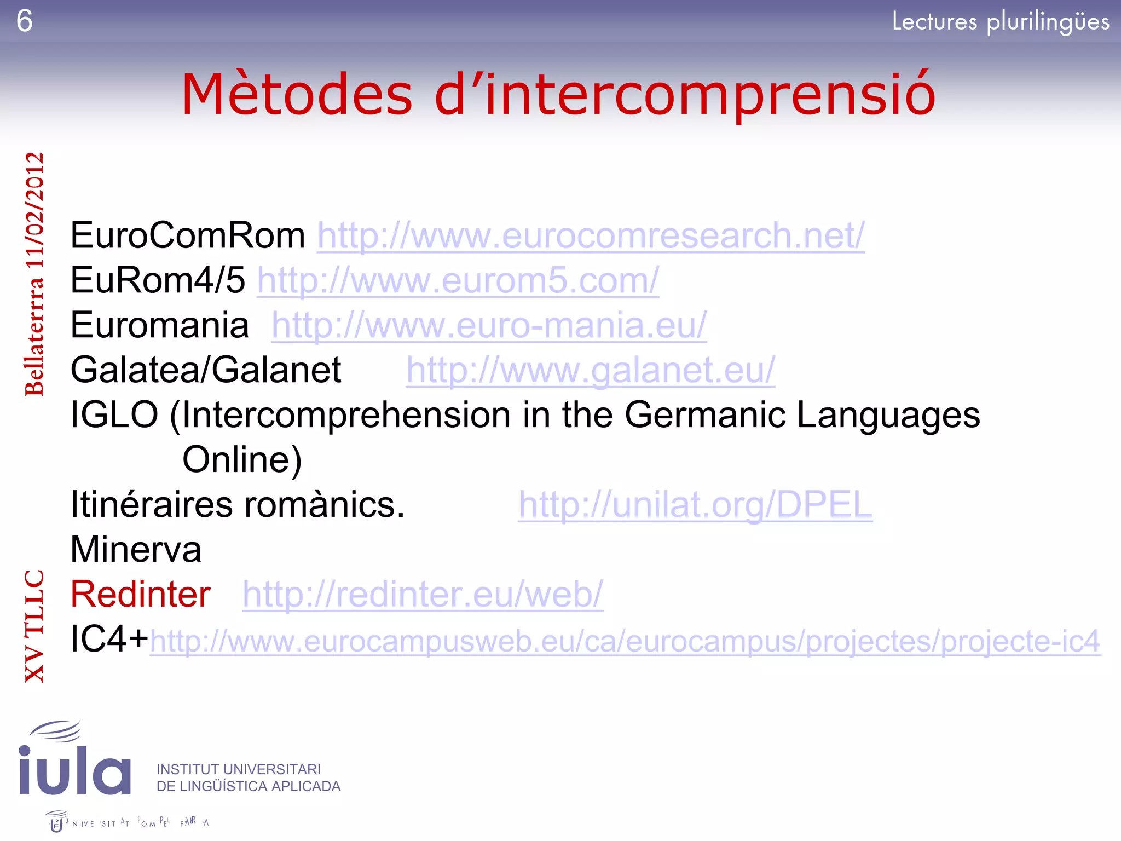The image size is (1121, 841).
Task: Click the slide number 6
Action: pos(25,21)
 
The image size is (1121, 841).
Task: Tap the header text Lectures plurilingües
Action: pos(1000,22)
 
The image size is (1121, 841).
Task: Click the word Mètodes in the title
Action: pos(297,94)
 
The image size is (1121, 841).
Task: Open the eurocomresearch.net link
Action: pos(591,236)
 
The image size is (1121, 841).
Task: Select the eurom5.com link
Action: pos(458,281)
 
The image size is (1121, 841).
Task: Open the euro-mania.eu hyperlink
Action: pos(489,326)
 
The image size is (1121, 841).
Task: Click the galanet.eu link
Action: pos(590,371)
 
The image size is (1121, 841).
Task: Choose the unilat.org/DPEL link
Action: pos(695,505)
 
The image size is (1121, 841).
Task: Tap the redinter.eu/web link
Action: pos(423,595)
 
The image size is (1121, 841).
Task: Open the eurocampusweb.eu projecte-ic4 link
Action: pos(625,641)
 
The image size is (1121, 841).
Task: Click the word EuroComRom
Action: pos(188,236)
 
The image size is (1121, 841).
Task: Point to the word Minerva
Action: pos(136,550)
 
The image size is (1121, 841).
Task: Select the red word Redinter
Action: pos(141,595)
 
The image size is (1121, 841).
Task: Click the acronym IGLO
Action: pos(114,415)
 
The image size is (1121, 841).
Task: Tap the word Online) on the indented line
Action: pos(242,460)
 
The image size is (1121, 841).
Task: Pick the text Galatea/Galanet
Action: pos(206,371)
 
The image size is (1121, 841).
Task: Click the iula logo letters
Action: pos(75,769)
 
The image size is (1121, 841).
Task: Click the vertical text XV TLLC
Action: pos(34,626)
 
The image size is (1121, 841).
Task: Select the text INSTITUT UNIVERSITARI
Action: pos(239,769)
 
